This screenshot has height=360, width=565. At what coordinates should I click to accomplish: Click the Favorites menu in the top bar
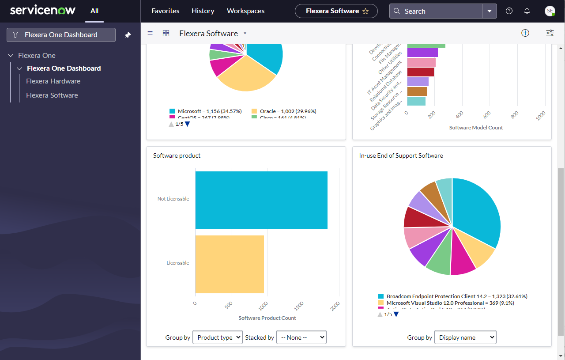(x=165, y=11)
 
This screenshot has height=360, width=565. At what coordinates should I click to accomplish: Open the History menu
(x=203, y=11)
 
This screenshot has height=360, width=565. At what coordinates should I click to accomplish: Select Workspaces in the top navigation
(x=245, y=11)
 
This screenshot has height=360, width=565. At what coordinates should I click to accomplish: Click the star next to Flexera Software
(x=365, y=11)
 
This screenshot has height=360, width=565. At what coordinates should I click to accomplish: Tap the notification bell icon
(x=527, y=11)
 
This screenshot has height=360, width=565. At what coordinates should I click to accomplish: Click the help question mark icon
(x=509, y=11)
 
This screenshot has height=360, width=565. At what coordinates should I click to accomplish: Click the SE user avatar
(x=550, y=11)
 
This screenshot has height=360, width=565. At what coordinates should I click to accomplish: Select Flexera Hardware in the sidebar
(x=53, y=81)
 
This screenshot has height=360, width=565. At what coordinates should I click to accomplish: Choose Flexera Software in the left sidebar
(x=52, y=95)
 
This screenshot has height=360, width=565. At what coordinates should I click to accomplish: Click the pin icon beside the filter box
(x=128, y=35)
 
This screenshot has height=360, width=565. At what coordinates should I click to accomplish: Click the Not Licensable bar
(x=261, y=200)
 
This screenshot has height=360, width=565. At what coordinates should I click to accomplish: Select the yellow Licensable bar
(x=230, y=264)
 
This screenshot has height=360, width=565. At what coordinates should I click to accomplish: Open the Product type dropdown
(x=218, y=337)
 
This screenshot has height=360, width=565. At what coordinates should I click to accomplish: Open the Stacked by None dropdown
(x=301, y=337)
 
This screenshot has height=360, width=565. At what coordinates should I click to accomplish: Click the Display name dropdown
(x=465, y=337)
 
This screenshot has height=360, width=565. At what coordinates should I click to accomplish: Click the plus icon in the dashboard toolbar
(x=525, y=33)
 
